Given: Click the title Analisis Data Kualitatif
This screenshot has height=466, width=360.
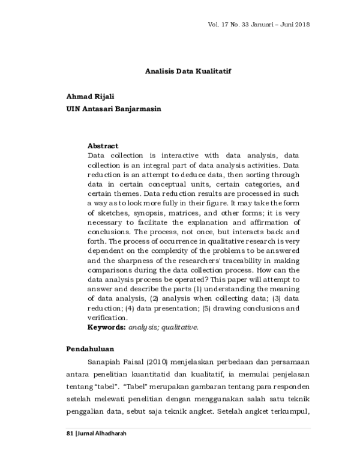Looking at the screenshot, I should [188, 70].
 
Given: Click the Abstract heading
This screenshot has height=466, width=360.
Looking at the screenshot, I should [103, 146].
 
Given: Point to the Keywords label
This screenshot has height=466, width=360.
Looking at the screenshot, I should [106, 327].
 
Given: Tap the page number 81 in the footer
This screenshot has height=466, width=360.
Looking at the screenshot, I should [68, 434].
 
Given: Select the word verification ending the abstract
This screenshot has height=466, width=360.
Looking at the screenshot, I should [107, 318].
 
